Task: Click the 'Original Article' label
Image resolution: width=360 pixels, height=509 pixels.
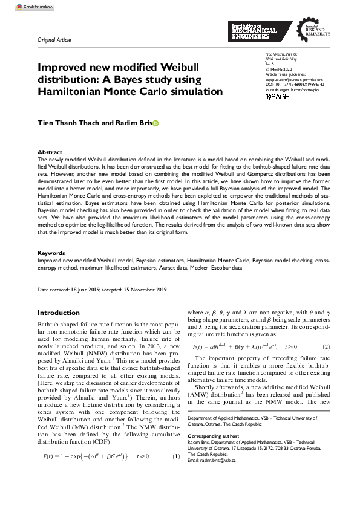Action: (54, 40)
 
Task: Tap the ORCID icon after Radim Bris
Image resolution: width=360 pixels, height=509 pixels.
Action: (155, 123)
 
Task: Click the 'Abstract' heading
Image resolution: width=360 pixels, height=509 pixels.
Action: (50, 152)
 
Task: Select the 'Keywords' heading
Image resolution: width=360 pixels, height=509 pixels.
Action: (51, 270)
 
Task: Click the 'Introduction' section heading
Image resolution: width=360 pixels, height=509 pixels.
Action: (59, 313)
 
